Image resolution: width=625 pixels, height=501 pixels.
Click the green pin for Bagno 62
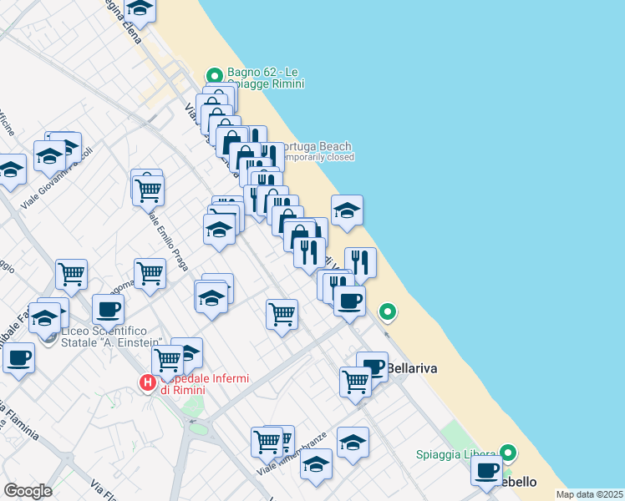pos(214,73)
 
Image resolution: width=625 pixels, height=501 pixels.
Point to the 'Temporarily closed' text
pos(317,157)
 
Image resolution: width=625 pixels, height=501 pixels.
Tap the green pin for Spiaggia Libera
pos(507,455)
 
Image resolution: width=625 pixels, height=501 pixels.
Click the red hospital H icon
pos(147,383)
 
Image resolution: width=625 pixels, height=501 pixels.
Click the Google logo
pos(28,490)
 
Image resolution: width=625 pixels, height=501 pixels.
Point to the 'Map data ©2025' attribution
pos(589,494)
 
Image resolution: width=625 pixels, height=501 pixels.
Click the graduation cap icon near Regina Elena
pos(140,8)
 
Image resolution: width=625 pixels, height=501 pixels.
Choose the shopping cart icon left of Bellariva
pos(355,382)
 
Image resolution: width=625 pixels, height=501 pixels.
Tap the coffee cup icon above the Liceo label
pos(108,309)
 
